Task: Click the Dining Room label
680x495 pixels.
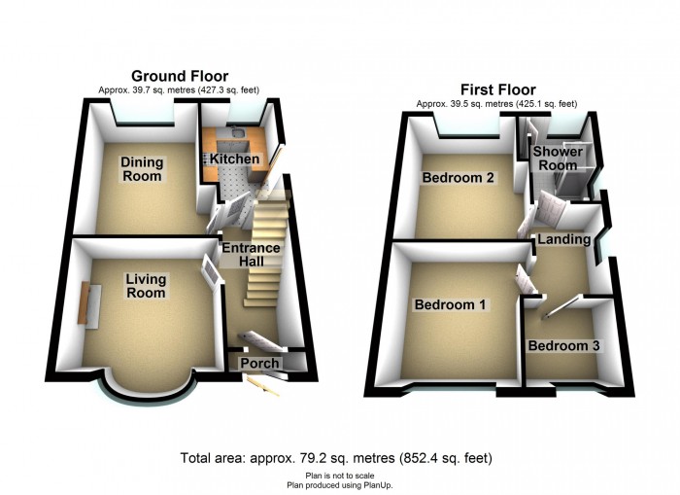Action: click(142, 169)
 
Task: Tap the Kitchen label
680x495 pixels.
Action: click(235, 159)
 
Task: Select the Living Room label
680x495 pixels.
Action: click(146, 285)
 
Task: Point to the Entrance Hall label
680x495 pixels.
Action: click(251, 255)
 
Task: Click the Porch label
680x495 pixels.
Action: click(259, 363)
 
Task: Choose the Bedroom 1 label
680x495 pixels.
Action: click(450, 304)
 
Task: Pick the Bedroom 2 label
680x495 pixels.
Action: click(458, 178)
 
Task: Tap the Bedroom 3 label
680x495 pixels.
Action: click(563, 345)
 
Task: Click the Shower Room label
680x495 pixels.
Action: click(558, 159)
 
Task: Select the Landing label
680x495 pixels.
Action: click(563, 239)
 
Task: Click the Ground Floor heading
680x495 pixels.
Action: click(180, 76)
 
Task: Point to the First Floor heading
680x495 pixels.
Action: click(497, 89)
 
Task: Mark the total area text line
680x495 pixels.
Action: click(336, 458)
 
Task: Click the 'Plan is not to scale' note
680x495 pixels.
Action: click(340, 476)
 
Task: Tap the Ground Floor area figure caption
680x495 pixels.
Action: click(179, 90)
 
